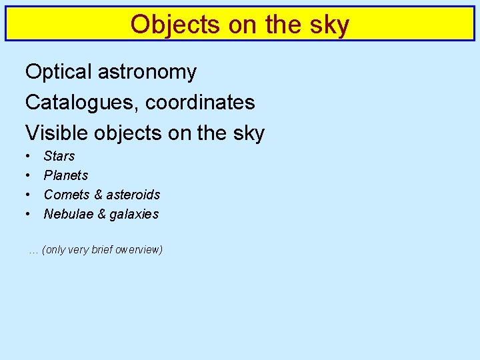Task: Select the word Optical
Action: pyautogui.click(x=58, y=72)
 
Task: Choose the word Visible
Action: pyautogui.click(x=56, y=133)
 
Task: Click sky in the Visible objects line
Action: pyautogui.click(x=249, y=133)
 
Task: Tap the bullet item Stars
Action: pyautogui.click(x=59, y=156)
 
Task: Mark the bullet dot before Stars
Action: pyautogui.click(x=29, y=156)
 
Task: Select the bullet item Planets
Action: pyautogui.click(x=65, y=175)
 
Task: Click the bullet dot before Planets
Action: pyautogui.click(x=29, y=175)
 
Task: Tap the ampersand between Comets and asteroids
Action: pyautogui.click(x=98, y=195)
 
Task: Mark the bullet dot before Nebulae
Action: pyautogui.click(x=29, y=214)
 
